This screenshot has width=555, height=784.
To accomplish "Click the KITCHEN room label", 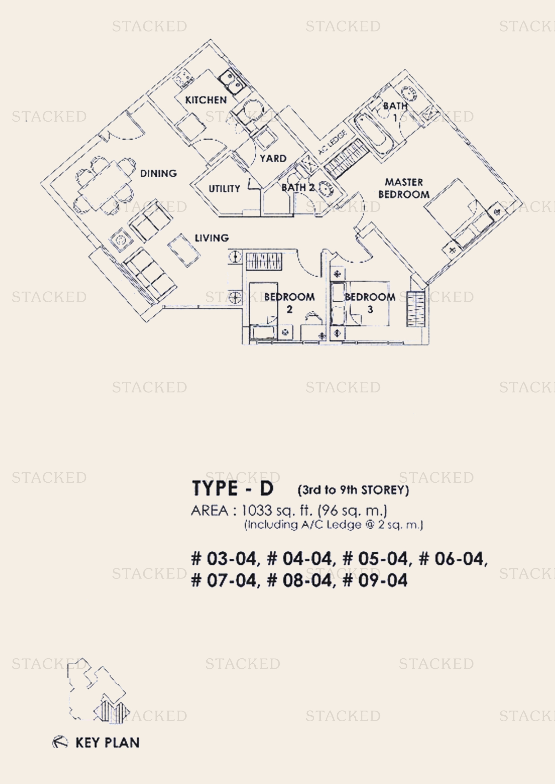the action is [206, 100].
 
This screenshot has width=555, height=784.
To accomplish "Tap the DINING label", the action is [159, 174].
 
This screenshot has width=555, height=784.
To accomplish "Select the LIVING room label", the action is [211, 238].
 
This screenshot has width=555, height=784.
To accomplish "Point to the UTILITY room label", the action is [224, 188].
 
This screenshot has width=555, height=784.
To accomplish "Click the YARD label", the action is [273, 159].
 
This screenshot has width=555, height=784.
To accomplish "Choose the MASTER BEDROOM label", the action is [404, 188].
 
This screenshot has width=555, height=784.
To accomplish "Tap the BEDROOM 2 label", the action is [290, 303].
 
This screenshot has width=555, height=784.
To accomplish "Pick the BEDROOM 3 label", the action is [370, 303].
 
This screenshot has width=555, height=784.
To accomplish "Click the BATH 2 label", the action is [298, 187].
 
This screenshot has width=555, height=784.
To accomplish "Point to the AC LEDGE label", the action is [333, 142].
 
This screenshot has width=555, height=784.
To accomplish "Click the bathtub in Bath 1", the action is [372, 135].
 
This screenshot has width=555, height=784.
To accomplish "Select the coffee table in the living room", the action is [184, 250].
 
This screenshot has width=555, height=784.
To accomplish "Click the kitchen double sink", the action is [231, 82].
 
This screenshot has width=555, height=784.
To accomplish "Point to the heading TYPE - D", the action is [233, 488].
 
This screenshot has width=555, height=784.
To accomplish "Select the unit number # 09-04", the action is [375, 581].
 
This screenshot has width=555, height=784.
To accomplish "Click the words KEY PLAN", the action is [107, 743].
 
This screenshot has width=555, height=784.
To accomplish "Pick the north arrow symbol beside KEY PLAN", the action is [60, 742].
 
